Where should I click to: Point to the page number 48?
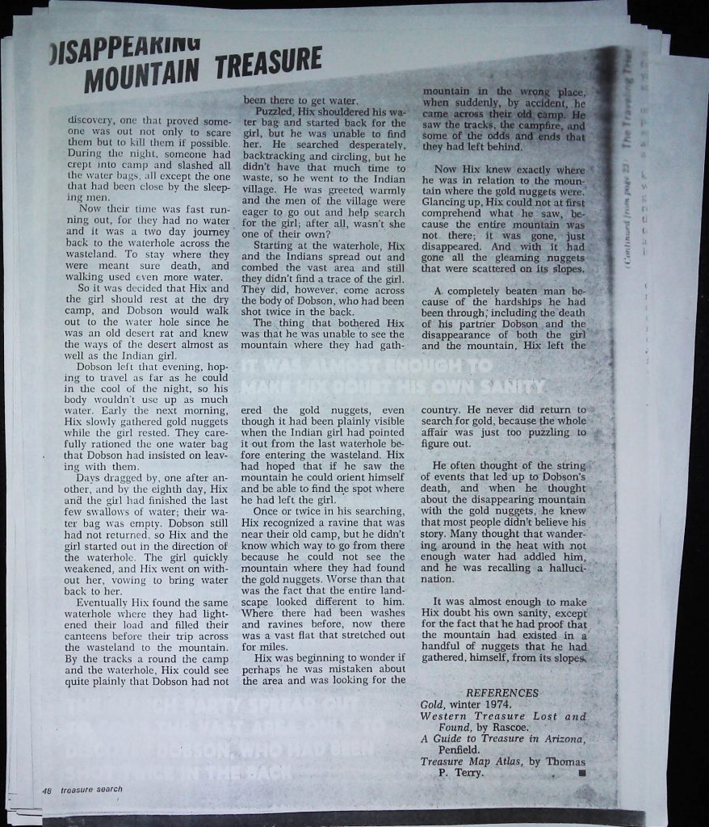47,790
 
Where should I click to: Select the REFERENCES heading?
502,693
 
